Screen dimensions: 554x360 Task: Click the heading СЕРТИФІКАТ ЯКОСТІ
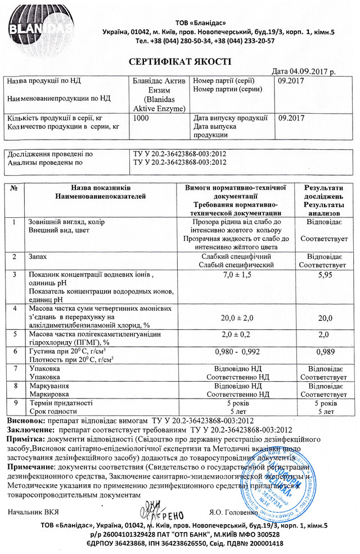point(180,61)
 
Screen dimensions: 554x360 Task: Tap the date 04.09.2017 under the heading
point(304,72)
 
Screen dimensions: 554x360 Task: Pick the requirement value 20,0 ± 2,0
point(236,318)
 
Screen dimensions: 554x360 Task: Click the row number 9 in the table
point(14,403)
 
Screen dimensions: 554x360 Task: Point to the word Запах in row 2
point(38,256)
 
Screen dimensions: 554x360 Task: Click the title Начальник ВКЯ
point(34,512)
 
